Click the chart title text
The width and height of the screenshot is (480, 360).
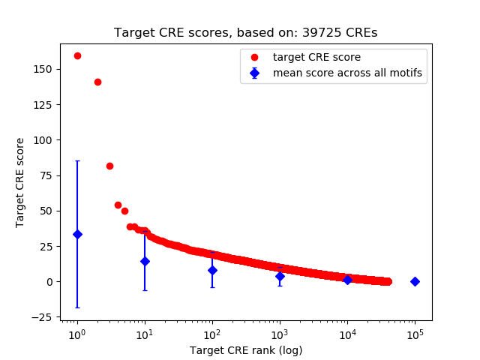tap(245, 33)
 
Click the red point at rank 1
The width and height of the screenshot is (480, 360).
tap(77, 55)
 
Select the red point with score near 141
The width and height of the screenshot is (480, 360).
tap(97, 82)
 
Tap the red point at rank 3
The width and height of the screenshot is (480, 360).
tap(109, 166)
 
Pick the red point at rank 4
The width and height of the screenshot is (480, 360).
tap(118, 205)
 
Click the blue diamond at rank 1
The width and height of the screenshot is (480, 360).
tap(77, 234)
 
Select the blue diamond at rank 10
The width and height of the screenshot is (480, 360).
tap(145, 261)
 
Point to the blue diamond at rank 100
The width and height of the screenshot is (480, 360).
tap(212, 270)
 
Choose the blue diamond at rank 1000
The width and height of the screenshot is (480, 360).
tap(280, 276)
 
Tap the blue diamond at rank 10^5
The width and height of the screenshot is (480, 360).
tap(415, 281)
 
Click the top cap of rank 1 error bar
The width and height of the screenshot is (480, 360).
tap(77, 160)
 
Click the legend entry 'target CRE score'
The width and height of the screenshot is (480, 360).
tap(316, 57)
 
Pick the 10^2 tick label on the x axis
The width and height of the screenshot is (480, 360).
tap(212, 333)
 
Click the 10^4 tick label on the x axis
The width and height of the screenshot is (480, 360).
tap(347, 333)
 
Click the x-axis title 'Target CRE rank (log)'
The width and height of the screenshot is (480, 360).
tap(245, 349)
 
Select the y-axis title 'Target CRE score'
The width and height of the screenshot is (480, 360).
tap(20, 182)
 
